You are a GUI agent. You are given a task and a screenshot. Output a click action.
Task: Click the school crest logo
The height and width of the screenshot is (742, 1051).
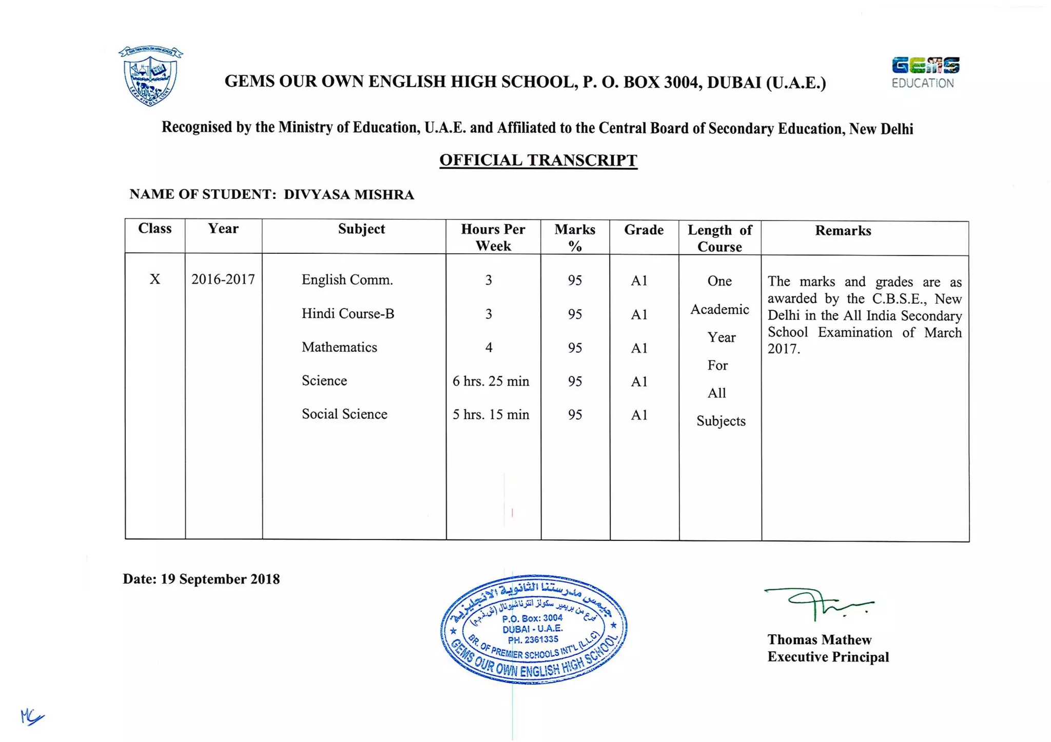tap(150, 76)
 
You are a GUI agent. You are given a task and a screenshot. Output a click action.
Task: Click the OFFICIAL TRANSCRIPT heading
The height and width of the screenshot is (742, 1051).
tap(538, 161)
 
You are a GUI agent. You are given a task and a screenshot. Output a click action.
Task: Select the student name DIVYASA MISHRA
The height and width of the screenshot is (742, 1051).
tap(349, 195)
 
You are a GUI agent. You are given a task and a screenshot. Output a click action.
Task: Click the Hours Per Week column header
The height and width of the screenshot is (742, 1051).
tap(493, 237)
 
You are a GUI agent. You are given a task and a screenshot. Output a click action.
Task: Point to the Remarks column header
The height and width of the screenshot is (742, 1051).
tap(843, 231)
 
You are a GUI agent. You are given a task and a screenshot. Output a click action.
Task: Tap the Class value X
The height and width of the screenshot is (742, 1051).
tap(154, 279)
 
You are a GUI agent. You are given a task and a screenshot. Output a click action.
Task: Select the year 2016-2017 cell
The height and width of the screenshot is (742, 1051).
tap(223, 279)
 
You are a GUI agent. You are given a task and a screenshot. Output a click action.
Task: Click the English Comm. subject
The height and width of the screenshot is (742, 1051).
tap(347, 280)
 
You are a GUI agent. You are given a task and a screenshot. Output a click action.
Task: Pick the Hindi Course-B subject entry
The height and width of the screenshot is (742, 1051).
tap(348, 314)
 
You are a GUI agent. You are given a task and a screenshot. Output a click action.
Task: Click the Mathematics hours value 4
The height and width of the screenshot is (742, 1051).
tap(489, 348)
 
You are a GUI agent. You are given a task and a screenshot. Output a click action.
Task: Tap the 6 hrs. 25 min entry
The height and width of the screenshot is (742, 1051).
tap(491, 381)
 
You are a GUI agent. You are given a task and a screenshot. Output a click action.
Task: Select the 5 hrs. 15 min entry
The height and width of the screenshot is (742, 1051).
tap(491, 414)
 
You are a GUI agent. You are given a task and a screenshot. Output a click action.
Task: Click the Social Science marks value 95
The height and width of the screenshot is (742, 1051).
tap(575, 414)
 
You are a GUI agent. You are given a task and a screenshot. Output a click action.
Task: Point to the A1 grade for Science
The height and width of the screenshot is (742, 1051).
tap(639, 382)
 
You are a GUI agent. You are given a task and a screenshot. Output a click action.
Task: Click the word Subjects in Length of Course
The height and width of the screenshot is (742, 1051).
tap(721, 421)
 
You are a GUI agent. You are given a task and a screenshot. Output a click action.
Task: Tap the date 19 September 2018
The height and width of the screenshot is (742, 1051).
tap(220, 579)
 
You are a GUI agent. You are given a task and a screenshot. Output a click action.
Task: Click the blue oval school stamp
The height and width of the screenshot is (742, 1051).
tap(534, 629)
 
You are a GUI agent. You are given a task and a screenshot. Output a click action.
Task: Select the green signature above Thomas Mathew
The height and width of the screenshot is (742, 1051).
tap(819, 603)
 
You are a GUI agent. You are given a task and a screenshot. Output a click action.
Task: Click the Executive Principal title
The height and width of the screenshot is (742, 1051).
tap(828, 657)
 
